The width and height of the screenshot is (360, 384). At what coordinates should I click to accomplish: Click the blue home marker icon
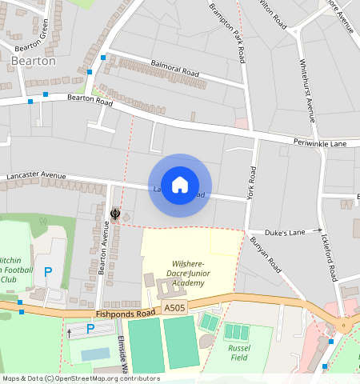tap(180, 185)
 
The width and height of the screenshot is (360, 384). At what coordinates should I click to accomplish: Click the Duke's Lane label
tap(286, 232)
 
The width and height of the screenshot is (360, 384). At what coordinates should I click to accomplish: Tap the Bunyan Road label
tap(265, 252)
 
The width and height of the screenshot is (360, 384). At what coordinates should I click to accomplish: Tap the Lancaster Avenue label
tap(35, 174)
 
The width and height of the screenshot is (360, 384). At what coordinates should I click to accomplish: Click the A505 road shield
tap(174, 308)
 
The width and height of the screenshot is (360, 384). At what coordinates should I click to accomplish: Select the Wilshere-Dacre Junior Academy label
tap(188, 272)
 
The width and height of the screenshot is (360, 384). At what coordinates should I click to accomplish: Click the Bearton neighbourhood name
tap(34, 60)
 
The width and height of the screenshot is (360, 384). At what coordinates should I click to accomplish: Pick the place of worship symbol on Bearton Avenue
tap(116, 214)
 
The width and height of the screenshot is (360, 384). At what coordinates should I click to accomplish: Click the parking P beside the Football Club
tap(48, 272)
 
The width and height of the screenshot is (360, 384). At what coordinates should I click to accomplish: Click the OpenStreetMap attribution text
tap(81, 378)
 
